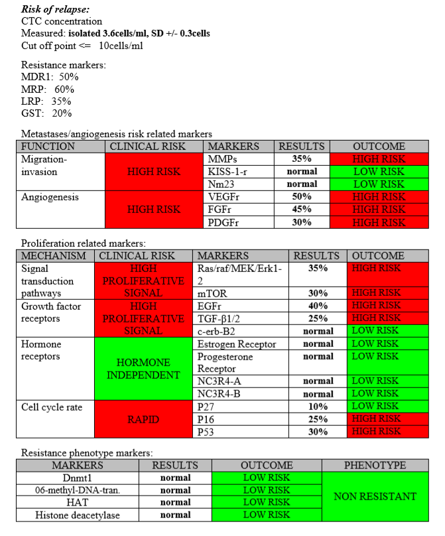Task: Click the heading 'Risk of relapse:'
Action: [56, 9]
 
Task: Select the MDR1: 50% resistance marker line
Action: [50, 77]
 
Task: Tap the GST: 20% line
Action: [46, 113]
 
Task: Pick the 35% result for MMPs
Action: [302, 159]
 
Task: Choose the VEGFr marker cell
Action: [224, 197]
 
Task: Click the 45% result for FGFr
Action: [302, 210]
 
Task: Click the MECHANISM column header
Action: [54, 255]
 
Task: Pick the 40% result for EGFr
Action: [317, 305]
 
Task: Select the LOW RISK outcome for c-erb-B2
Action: [376, 330]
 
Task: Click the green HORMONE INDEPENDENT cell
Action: [143, 368]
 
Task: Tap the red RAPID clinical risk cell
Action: [143, 419]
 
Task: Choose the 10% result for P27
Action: [317, 407]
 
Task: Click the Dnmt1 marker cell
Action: [78, 478]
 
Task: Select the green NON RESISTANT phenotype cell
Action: [375, 496]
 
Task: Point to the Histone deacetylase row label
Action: [78, 515]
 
